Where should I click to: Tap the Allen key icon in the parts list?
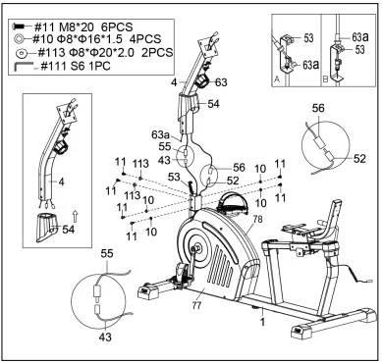coord(21,65)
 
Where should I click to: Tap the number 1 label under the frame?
coord(261,319)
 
